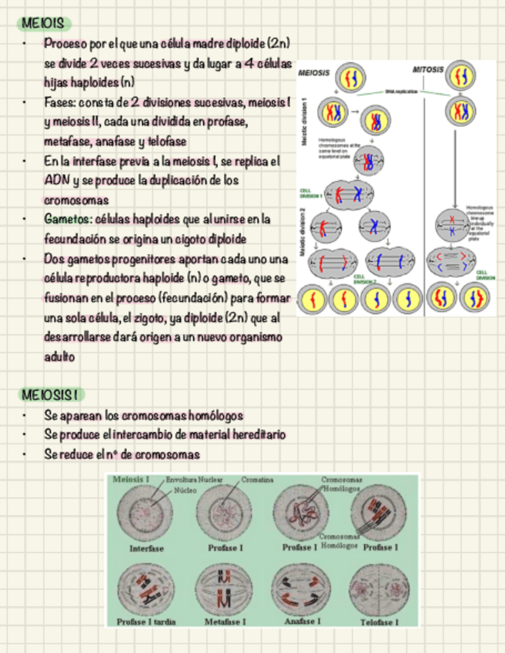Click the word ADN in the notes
pyautogui.click(x=55, y=180)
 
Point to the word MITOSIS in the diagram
pyautogui.click(x=427, y=69)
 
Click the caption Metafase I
pyautogui.click(x=225, y=621)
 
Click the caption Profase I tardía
pyautogui.click(x=145, y=621)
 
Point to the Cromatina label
pyautogui.click(x=257, y=480)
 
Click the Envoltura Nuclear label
pyautogui.click(x=194, y=480)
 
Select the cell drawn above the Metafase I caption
pyautogui.click(x=225, y=589)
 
